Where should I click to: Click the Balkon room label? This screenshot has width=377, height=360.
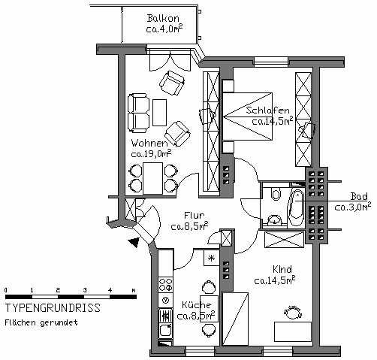163,18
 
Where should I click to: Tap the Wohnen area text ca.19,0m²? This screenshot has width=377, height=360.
152,153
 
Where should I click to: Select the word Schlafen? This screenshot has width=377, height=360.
267,110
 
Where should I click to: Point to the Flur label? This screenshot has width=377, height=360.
194,215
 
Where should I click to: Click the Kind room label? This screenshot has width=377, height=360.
282,270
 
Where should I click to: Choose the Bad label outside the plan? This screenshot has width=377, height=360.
359,196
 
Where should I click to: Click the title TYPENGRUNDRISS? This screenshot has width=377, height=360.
53,308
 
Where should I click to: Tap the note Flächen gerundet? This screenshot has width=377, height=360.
41,322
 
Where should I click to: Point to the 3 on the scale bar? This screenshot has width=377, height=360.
85,290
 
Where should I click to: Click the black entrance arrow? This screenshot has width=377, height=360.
134,242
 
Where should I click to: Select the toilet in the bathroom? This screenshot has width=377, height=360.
276,194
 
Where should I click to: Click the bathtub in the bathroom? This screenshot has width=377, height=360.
296,208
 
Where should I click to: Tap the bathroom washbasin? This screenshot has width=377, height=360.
275,220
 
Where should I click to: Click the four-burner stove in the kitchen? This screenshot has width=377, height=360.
165,284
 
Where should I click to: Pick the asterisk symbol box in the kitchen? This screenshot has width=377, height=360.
212,258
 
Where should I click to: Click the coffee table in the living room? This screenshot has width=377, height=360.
159,113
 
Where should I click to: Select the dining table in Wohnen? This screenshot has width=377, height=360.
152,178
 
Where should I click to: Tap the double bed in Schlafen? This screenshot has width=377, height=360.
247,116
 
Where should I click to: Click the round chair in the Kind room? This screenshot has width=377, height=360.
292,313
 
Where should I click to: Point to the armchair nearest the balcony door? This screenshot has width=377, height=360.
173,83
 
